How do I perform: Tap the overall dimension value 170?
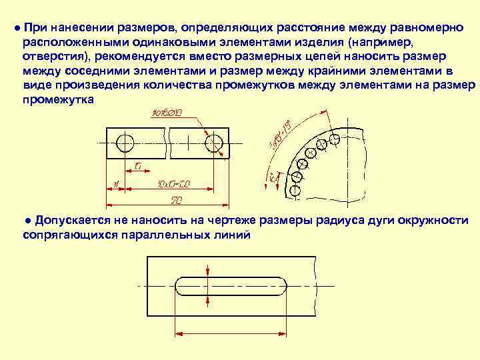click(177, 199)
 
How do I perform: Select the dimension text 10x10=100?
click(175, 183)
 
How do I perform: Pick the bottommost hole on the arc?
click(295, 190)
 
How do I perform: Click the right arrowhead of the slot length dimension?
click(285, 330)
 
